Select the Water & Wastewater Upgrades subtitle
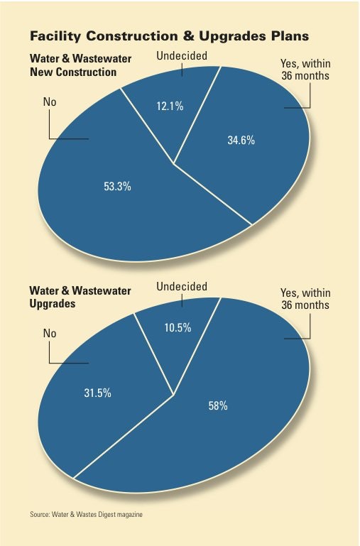73,297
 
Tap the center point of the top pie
173,163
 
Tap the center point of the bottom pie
173,395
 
